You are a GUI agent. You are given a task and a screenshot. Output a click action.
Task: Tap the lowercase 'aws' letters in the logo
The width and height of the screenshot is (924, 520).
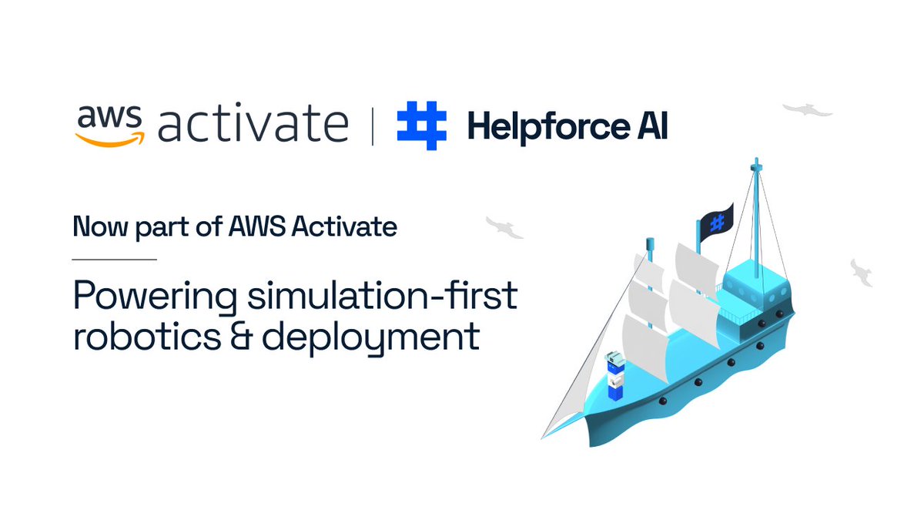(x=109, y=116)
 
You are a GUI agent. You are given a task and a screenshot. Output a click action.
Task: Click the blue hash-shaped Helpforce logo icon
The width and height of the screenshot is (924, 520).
(x=421, y=125)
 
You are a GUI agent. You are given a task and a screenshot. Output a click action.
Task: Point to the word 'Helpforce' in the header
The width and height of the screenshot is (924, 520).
(x=545, y=126)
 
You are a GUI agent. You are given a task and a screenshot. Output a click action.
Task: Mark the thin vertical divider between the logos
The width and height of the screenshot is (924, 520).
(x=373, y=126)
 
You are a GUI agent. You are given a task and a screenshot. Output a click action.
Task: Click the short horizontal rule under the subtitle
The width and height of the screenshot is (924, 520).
(x=115, y=259)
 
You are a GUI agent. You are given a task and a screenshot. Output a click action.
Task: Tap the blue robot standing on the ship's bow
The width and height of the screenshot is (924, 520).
(x=614, y=377)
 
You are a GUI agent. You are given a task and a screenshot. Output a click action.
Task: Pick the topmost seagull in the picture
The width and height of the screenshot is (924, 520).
(x=808, y=110)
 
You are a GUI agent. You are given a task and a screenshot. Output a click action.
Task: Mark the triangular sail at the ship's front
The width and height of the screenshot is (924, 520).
(x=585, y=370)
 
